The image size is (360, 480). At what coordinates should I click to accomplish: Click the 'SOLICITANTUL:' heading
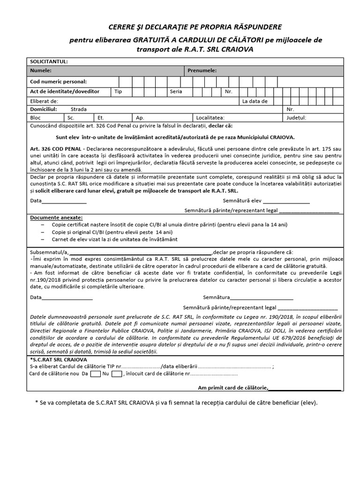[x=49, y=61]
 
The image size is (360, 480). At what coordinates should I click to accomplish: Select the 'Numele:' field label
[x=41, y=70]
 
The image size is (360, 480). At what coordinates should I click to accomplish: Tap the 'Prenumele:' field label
[x=202, y=70]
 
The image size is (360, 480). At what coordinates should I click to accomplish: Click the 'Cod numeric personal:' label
[x=58, y=82]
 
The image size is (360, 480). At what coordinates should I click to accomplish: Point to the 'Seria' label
[x=176, y=91]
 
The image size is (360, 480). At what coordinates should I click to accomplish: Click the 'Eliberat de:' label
[x=44, y=101]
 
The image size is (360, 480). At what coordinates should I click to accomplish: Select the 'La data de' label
[x=255, y=101]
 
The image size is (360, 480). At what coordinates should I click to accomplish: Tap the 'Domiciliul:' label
[x=44, y=109]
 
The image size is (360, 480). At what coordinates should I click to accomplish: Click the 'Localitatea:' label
[x=210, y=118]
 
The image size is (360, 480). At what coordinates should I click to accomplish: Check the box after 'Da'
[x=96, y=374]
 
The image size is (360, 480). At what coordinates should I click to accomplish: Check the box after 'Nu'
[x=117, y=374]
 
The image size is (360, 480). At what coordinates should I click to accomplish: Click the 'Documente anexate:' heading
[x=56, y=218]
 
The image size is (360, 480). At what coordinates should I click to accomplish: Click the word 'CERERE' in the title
[x=124, y=27]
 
